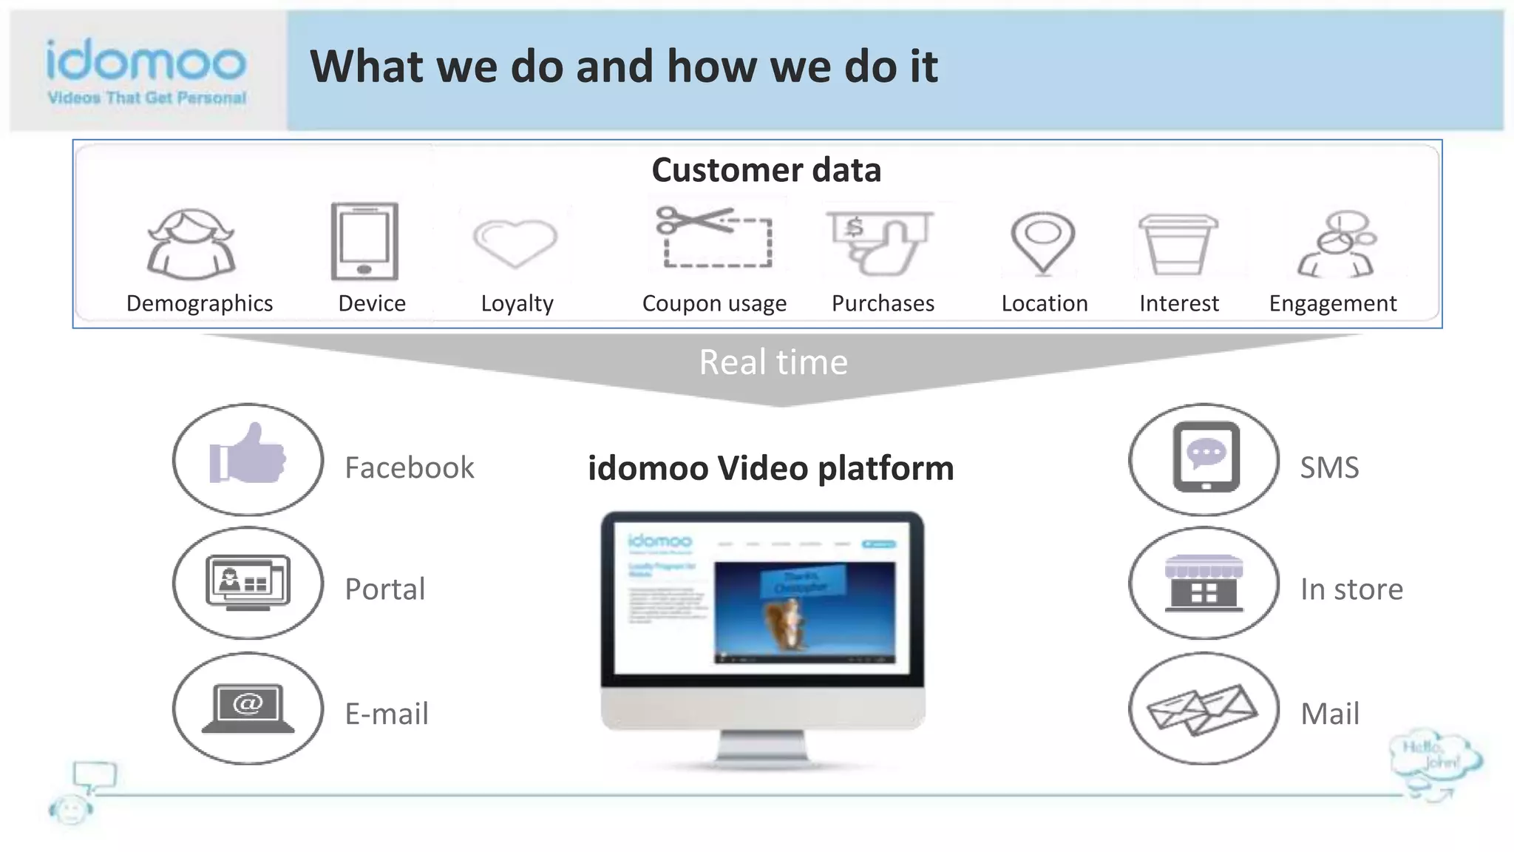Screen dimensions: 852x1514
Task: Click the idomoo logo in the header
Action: tap(146, 70)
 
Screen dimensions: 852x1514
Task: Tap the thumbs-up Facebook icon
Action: tap(248, 455)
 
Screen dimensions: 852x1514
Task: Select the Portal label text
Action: tap(384, 589)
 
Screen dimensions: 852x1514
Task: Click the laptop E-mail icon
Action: tap(248, 708)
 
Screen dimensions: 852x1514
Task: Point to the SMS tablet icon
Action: tap(1206, 457)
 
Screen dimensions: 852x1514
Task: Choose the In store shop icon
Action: tap(1204, 584)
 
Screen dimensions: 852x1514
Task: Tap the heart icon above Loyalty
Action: tap(515, 243)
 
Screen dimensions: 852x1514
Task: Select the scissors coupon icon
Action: tap(714, 237)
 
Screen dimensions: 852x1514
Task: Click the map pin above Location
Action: tap(1042, 241)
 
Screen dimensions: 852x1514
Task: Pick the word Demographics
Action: tap(200, 303)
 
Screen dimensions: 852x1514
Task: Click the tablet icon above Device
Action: tap(364, 241)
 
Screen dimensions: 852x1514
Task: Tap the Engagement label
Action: tap(1332, 303)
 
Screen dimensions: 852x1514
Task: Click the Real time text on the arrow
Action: tap(773, 362)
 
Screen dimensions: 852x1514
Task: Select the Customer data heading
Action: tap(766, 170)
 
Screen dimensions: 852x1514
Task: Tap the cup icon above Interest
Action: tap(1178, 243)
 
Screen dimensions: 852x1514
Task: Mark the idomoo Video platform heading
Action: tap(770, 468)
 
